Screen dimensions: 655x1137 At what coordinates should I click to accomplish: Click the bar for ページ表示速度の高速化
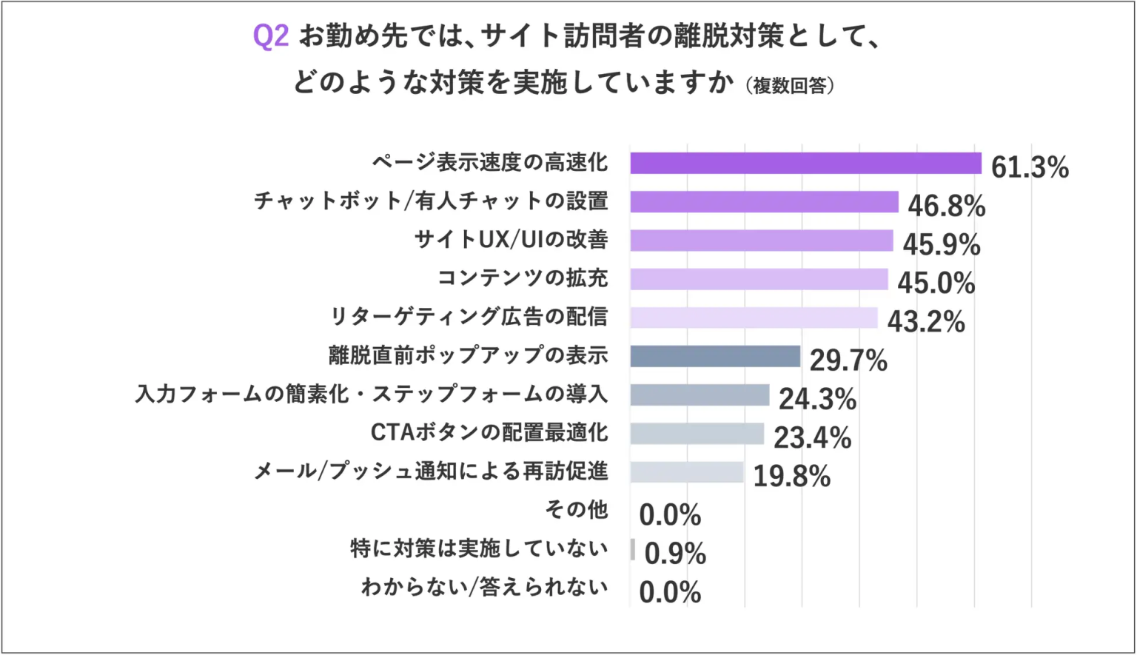[x=805, y=164]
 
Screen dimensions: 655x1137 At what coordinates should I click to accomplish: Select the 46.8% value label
[x=946, y=206]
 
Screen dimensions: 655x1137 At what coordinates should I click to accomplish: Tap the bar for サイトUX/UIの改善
[x=762, y=241]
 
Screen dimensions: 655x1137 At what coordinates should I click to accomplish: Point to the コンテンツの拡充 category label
[x=523, y=278]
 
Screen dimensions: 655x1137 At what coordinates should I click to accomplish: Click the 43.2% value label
[x=926, y=322]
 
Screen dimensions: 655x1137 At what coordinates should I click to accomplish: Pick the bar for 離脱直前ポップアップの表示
[x=715, y=356]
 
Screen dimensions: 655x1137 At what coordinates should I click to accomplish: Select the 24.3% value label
[x=817, y=399]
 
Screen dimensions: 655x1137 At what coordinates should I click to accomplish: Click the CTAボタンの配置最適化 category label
[x=489, y=432]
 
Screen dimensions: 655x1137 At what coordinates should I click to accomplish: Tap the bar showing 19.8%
[x=687, y=472]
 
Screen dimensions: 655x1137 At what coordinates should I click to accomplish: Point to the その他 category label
[x=577, y=509]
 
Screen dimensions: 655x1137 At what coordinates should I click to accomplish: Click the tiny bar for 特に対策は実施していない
[x=633, y=549]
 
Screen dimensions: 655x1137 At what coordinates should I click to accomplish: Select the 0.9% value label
[x=675, y=554]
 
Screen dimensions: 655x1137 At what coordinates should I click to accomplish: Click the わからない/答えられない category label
[x=485, y=588]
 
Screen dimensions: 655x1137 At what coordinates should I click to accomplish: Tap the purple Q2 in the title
[x=270, y=36]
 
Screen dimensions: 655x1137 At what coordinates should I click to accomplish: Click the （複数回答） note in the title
[x=790, y=86]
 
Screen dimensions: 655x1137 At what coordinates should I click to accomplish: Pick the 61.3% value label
[x=1030, y=168]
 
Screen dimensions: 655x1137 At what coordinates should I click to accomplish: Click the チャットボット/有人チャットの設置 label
[x=431, y=201]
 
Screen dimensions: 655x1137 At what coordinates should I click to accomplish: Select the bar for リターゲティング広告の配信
[x=754, y=318]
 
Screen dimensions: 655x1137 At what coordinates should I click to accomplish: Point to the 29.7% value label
[x=848, y=361]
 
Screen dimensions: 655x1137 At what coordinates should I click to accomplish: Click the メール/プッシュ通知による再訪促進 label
[x=431, y=471]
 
